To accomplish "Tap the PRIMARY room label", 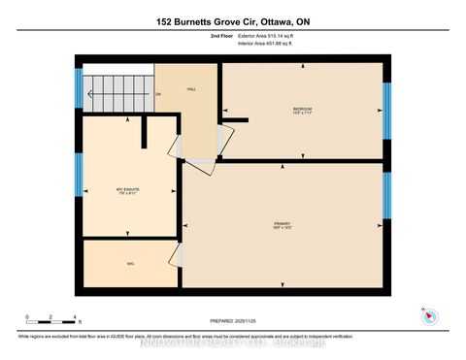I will coord(282,224).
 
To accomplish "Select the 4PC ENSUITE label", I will coord(128,190).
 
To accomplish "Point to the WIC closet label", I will coord(129,263).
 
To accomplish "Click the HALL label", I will coord(191,86).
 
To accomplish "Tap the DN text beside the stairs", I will coord(158,94).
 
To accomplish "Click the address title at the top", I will coord(232,20).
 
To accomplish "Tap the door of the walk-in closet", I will coord(176,255).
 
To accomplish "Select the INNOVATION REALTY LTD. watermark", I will coord(233,343).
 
